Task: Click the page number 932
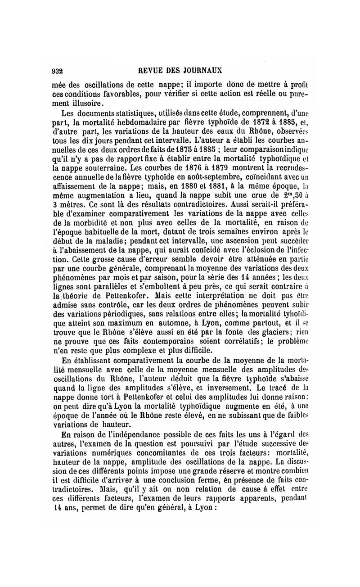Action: (x=57, y=71)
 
